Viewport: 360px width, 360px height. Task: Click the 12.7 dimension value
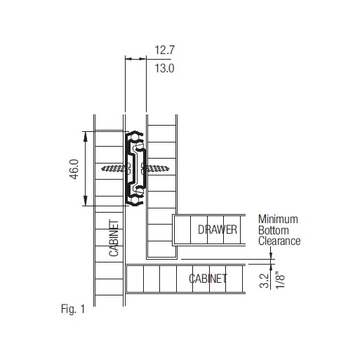pyautogui.click(x=164, y=50)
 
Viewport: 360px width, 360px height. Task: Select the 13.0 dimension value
pyautogui.click(x=164, y=68)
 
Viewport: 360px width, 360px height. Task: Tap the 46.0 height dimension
pyautogui.click(x=74, y=169)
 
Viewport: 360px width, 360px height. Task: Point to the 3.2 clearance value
pyautogui.click(x=264, y=281)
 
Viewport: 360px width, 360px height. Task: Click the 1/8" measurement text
pyautogui.click(x=280, y=280)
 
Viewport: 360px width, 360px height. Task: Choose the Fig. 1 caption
pyautogui.click(x=73, y=309)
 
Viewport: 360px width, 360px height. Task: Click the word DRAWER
pyautogui.click(x=218, y=229)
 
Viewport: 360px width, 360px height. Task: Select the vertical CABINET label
pyautogui.click(x=114, y=238)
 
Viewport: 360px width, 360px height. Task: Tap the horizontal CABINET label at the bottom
pyautogui.click(x=208, y=279)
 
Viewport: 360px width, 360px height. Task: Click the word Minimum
pyautogui.click(x=278, y=219)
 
